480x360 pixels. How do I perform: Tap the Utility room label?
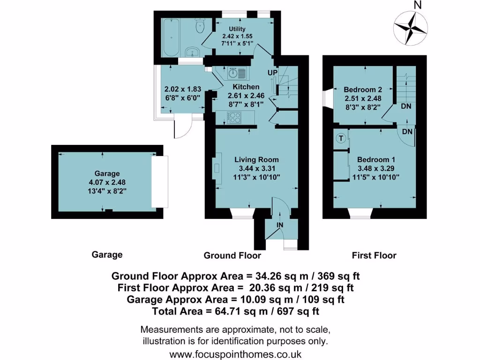click(237, 29)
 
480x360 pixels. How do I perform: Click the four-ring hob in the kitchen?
click(234, 118)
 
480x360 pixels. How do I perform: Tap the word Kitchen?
click(246, 87)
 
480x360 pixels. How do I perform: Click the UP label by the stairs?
click(272, 73)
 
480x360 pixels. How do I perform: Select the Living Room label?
click(256, 159)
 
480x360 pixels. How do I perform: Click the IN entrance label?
click(280, 225)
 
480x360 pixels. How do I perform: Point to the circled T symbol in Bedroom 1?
click(341, 138)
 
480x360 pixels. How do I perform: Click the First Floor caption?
click(374, 255)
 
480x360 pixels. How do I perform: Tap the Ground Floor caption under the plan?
click(232, 255)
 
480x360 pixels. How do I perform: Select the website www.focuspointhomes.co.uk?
click(235, 354)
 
